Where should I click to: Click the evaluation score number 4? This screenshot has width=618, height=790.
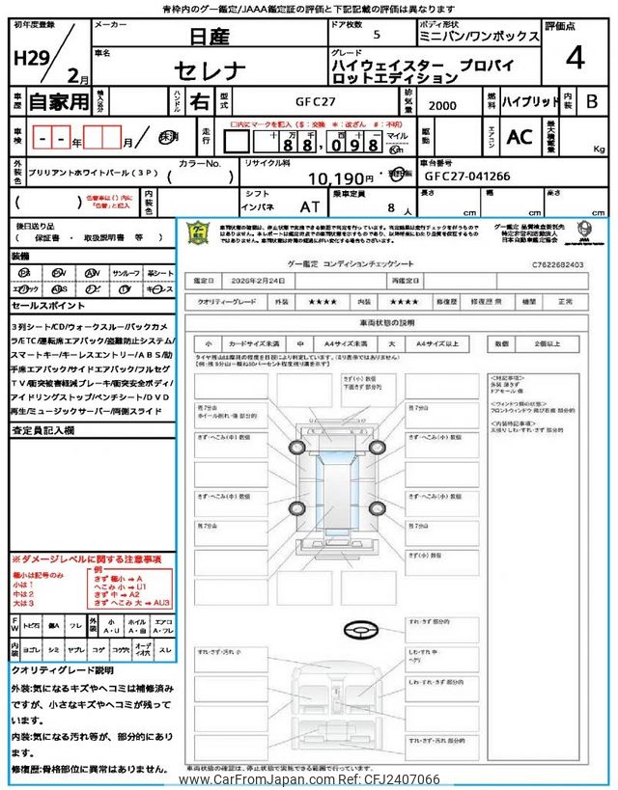point(576,59)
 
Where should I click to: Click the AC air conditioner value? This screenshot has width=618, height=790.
point(520,137)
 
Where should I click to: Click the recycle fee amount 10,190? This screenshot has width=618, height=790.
point(335,178)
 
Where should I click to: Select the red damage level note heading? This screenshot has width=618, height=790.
point(86,559)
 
